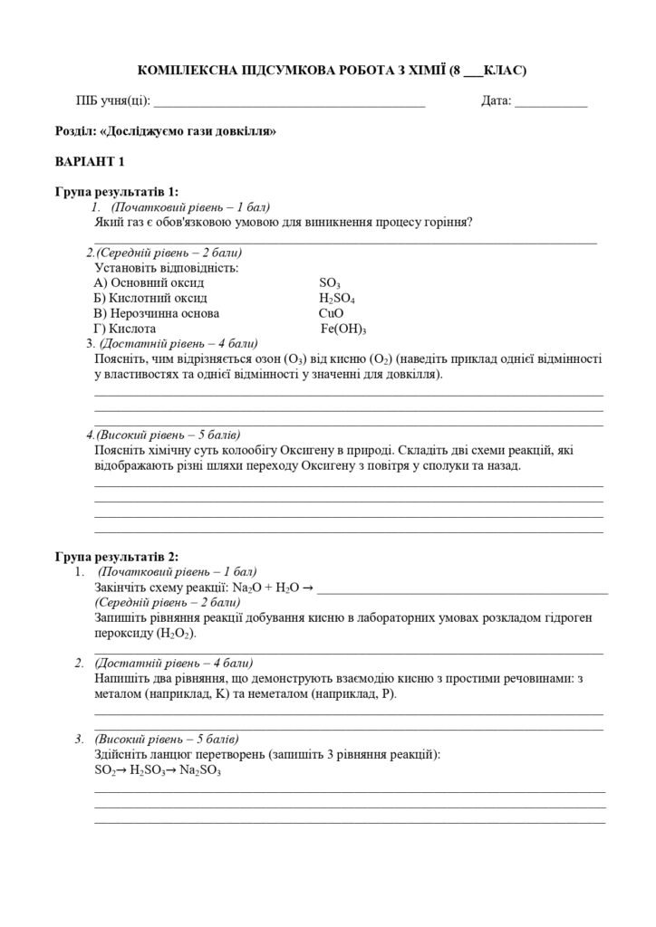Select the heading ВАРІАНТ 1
[90, 162]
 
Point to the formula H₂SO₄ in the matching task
[337, 298]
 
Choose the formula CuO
[332, 313]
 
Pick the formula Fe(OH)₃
[344, 329]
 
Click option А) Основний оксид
[149, 282]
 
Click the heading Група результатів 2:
[117, 557]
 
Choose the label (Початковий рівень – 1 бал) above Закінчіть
[177, 572]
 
